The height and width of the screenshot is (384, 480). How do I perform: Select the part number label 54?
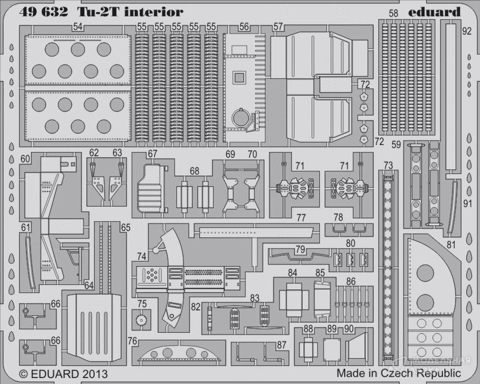[78, 27]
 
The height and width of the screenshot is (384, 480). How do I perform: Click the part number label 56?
[244, 26]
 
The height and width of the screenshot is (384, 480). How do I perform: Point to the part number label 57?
[278, 26]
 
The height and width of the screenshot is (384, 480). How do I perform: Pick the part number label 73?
[388, 165]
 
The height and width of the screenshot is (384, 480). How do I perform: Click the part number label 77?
[301, 217]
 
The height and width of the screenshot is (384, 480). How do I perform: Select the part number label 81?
[452, 245]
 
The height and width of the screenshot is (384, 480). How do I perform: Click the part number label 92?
[467, 31]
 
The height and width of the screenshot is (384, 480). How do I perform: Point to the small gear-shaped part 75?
[143, 318]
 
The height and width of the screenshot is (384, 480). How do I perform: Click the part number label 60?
[25, 159]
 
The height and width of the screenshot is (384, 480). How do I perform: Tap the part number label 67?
[152, 154]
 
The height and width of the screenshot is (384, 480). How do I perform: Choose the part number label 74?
[142, 256]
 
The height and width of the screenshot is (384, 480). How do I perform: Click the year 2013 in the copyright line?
[93, 374]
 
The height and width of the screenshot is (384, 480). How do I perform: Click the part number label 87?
[282, 345]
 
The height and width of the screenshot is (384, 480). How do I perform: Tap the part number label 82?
[196, 306]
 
